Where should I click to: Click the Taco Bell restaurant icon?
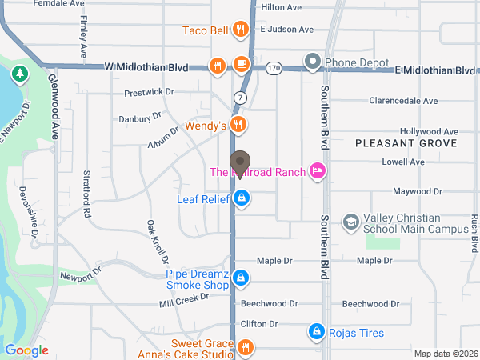pos(240,30)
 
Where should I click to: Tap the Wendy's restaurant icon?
pos(238,124)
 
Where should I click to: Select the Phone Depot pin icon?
pos(312,62)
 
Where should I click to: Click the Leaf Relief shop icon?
pos(241,198)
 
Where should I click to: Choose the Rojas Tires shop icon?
pos(316,332)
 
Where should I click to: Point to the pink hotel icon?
pos(318,170)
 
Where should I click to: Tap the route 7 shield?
pos(240,97)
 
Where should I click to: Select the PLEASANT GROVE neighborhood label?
pos(406,143)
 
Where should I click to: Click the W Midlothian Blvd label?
pos(146,68)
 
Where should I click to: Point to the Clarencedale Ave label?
pos(403,102)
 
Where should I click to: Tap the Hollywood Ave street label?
pos(429,131)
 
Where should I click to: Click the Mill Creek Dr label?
pos(183,301)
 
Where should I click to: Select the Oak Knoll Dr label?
pos(158,242)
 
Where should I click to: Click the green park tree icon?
pos(18,74)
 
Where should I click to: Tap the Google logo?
pos(26,350)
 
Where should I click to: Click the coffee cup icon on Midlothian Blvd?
pos(241,64)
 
